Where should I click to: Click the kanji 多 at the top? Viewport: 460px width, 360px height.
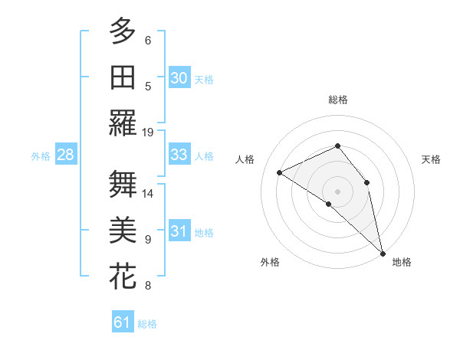tap(122, 31)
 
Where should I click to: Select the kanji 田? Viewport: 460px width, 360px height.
tap(122, 77)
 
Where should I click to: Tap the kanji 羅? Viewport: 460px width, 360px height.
tap(122, 123)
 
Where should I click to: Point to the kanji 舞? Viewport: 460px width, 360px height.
tap(122, 184)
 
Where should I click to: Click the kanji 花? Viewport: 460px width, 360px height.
tap(122, 277)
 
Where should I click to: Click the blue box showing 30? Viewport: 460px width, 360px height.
tap(179, 78)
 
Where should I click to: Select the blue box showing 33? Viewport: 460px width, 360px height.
tap(179, 155)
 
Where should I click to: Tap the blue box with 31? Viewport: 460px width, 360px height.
tap(179, 231)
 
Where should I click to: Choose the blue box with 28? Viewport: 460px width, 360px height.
tap(65, 155)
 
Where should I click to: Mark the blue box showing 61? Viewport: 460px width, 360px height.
tap(122, 322)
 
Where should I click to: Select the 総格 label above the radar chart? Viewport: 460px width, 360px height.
tap(337, 100)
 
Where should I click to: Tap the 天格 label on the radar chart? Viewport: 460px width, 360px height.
tap(432, 159)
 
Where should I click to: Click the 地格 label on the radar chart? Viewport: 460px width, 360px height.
tap(402, 262)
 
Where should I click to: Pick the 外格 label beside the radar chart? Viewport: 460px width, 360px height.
tap(270, 262)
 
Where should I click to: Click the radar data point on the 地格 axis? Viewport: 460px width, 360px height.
tap(383, 253)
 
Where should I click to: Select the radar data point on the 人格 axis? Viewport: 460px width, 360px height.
tap(280, 172)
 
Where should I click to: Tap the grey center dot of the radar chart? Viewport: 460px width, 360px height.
tap(337, 191)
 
